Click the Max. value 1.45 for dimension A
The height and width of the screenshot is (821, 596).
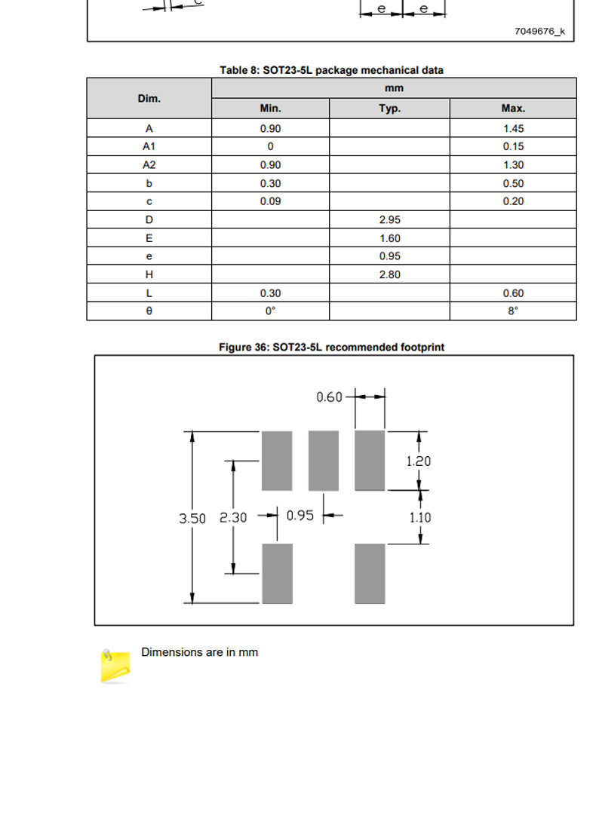[x=513, y=128]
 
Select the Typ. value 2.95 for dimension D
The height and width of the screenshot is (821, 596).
[x=389, y=220]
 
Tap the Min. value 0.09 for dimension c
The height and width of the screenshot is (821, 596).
[x=270, y=201]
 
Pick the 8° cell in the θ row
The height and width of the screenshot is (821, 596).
[x=513, y=311]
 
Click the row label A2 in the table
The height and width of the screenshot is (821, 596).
[x=149, y=165]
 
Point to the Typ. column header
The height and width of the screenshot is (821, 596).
[x=389, y=109]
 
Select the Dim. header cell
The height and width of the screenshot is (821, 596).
[x=149, y=99]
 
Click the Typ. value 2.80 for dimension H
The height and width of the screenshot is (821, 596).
[x=389, y=274]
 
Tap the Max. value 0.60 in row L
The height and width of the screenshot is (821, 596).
[x=513, y=293]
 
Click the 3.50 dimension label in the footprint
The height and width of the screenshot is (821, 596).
[x=192, y=519]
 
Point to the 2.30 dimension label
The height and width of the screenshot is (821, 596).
[x=232, y=518]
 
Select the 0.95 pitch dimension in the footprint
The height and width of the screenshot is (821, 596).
[x=300, y=516]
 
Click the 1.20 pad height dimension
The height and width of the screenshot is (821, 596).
[x=418, y=461]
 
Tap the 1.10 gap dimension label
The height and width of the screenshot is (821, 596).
[x=420, y=518]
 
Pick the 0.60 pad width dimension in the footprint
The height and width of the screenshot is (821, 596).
[x=329, y=397]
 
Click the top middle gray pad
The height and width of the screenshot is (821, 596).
[x=324, y=461]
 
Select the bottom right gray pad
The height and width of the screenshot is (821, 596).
[x=370, y=573]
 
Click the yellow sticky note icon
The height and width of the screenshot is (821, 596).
[x=115, y=666]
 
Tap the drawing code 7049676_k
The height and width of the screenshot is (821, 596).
[x=539, y=32]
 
